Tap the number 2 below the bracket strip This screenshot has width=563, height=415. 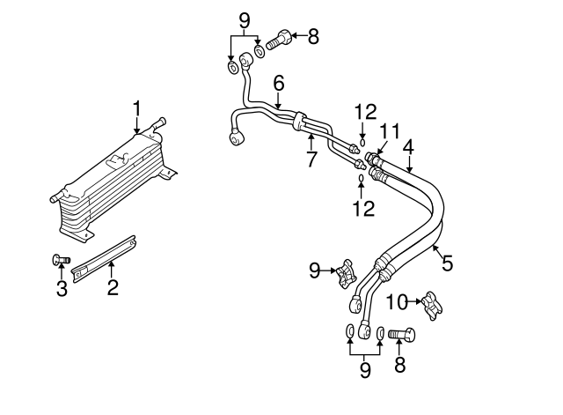click(x=113, y=287)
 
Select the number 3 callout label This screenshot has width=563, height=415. click(x=62, y=288)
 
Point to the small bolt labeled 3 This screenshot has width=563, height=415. click(x=61, y=260)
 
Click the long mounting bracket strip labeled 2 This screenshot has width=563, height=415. click(x=104, y=258)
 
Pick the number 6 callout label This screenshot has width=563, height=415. click(x=279, y=83)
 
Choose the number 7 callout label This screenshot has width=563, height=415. click(x=311, y=159)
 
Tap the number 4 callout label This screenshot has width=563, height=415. click(x=408, y=147)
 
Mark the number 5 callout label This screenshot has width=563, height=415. click(x=448, y=263)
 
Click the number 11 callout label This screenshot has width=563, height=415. click(x=390, y=131)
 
